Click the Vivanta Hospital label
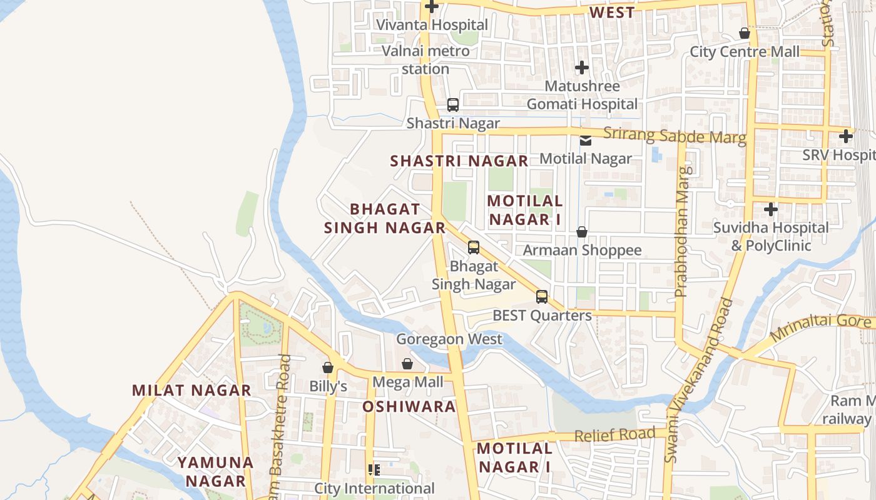432,25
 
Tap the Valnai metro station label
425,59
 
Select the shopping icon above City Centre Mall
745,33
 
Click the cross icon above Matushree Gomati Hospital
582,67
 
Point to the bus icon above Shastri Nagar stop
453,105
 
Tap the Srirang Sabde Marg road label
675,135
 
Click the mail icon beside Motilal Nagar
585,141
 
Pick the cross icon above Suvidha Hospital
771,209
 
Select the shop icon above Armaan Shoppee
582,232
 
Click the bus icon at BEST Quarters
542,297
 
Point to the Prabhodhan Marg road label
683,231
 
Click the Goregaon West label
449,339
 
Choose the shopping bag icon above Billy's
327,367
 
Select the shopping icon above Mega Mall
407,363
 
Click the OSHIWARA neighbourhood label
409,407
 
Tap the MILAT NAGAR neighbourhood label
191,391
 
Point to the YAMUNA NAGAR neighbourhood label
215,472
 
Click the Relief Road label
614,434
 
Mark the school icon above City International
374,470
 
